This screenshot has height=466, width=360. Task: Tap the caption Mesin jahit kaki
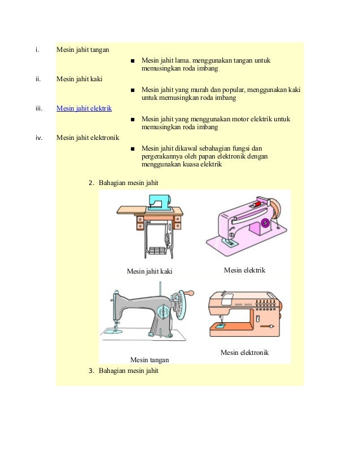[x=149, y=271]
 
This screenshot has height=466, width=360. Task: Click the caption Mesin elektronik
[x=244, y=353]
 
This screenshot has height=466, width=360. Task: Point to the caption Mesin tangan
[x=150, y=359]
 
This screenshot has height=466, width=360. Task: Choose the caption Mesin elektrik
[x=244, y=270]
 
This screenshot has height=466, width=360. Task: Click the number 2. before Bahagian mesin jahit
[x=92, y=183]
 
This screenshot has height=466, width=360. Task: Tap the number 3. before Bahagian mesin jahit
[x=92, y=371]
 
